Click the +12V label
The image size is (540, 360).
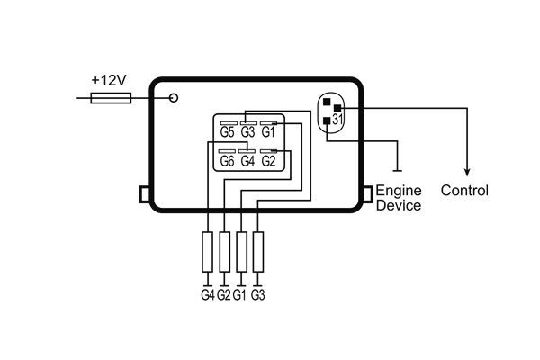[110, 80]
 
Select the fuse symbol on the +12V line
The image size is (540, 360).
[112, 96]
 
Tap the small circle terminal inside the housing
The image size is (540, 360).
[174, 96]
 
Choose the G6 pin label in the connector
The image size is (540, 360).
[228, 161]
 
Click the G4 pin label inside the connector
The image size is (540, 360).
[248, 161]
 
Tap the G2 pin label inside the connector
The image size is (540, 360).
[268, 161]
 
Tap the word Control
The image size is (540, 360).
[465, 191]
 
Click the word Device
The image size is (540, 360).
[398, 205]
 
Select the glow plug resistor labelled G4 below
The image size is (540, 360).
[209, 251]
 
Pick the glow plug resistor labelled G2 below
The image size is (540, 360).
[225, 251]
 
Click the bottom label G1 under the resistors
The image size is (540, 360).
[240, 294]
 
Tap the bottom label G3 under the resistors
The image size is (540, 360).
[257, 294]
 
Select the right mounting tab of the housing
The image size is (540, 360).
[367, 193]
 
